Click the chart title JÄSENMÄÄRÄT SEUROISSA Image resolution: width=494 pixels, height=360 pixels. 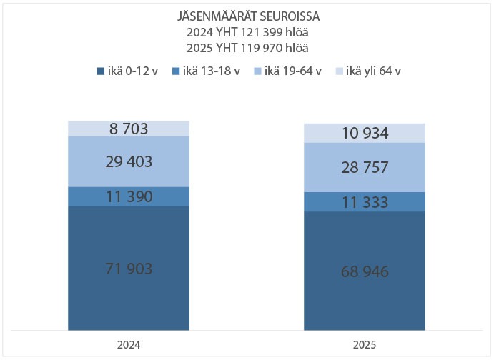pos(247,16)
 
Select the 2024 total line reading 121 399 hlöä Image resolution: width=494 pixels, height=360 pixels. pos(247,32)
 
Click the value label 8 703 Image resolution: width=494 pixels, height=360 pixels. pos(129,129)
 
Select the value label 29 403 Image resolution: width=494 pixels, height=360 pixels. pos(129,162)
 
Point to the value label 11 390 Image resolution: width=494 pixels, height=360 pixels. pos(129,197)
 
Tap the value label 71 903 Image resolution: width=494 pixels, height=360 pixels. pos(129,269)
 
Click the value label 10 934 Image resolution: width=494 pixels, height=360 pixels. pos(365,133)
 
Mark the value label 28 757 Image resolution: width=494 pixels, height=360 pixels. pos(365,168)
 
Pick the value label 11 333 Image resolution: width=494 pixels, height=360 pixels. pos(365,202)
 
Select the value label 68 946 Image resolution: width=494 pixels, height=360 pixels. pos(365,273)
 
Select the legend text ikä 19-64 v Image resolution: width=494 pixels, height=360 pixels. pos(293,71)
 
